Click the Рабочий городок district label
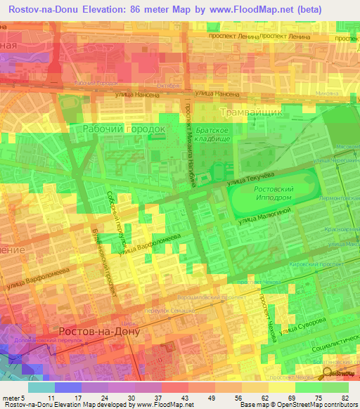[124, 129]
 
